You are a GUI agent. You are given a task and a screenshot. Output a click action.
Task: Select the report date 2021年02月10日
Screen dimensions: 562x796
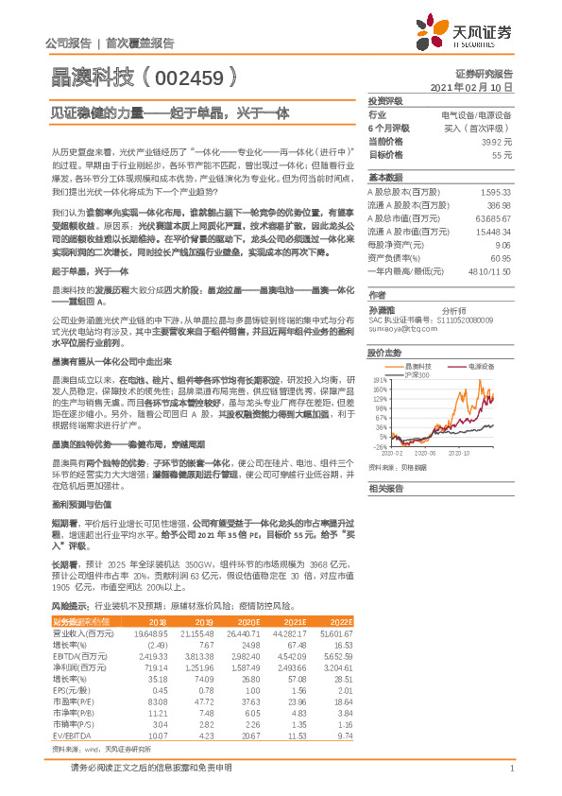[471, 87]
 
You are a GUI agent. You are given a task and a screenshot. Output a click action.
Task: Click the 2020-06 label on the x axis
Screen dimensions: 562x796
[425, 453]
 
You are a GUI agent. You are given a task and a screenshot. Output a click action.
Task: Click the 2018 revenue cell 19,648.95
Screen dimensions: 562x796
[149, 632]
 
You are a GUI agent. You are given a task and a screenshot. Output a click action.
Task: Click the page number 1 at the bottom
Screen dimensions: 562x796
[510, 769]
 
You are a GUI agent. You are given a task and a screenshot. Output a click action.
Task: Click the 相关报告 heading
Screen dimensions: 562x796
[385, 488]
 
